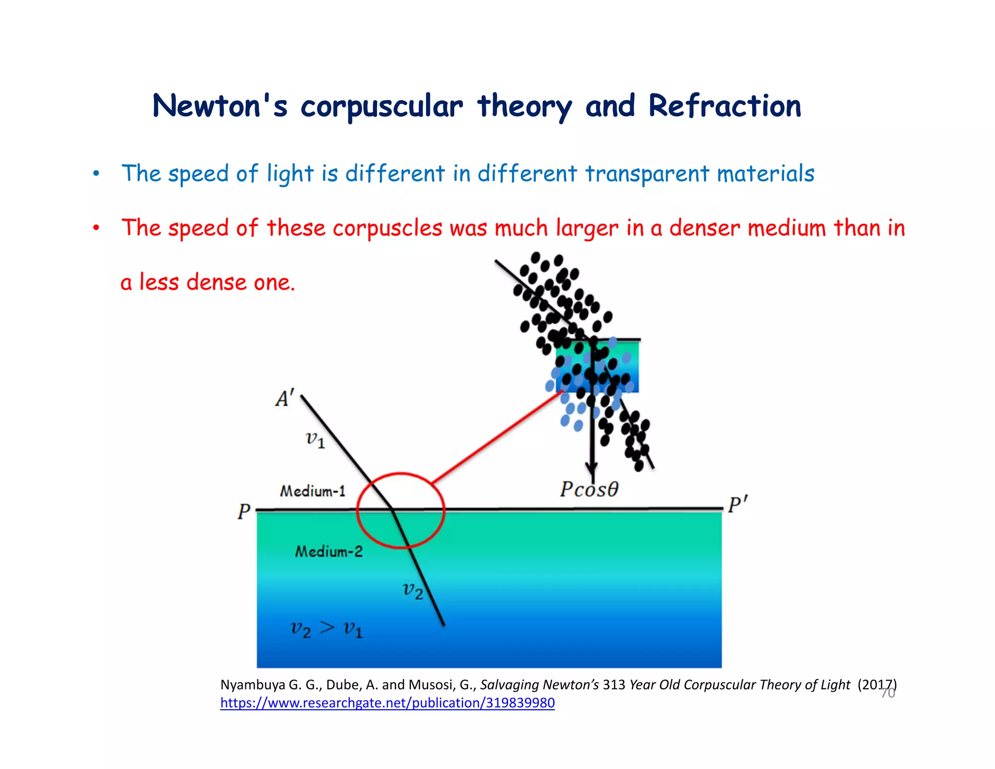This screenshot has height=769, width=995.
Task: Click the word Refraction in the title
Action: [x=724, y=106]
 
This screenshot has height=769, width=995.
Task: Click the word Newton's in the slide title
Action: [x=220, y=106]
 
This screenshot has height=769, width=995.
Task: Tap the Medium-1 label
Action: [x=312, y=491]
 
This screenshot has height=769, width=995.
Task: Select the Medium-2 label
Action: [x=329, y=551]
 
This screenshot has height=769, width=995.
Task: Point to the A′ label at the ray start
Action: [x=285, y=399]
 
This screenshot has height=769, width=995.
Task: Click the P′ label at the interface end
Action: [x=738, y=505]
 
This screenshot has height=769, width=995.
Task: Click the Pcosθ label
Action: [x=589, y=489]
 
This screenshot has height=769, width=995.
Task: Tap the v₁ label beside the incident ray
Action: [x=315, y=440]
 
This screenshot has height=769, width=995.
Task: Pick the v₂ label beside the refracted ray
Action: [x=413, y=591]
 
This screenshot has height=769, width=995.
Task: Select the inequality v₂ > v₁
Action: [x=326, y=629]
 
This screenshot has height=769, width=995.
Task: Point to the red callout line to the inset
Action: [x=496, y=437]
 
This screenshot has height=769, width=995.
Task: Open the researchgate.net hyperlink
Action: [x=387, y=703]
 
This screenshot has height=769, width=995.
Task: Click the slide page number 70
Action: [x=888, y=693]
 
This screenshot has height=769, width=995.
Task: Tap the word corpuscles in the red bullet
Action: [x=387, y=228]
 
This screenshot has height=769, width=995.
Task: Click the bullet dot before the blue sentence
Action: [x=96, y=174]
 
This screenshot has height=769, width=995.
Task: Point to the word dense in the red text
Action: [x=216, y=282]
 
